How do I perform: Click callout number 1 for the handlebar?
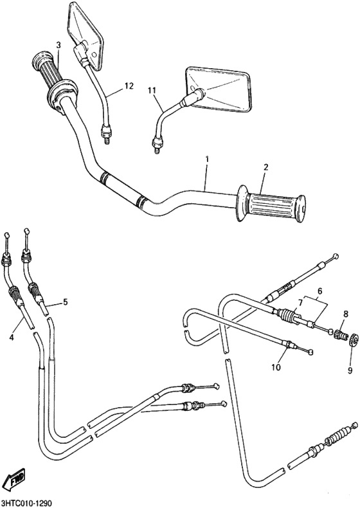(x=207, y=158)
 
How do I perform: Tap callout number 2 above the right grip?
(x=265, y=167)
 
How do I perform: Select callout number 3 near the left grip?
(x=58, y=45)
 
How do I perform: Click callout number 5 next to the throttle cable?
(x=64, y=302)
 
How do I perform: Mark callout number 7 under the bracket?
(x=300, y=303)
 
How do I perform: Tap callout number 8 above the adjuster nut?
(x=345, y=314)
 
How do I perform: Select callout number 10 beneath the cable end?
(x=277, y=367)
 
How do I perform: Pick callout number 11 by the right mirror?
(x=152, y=91)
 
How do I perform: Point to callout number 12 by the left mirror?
(x=129, y=86)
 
